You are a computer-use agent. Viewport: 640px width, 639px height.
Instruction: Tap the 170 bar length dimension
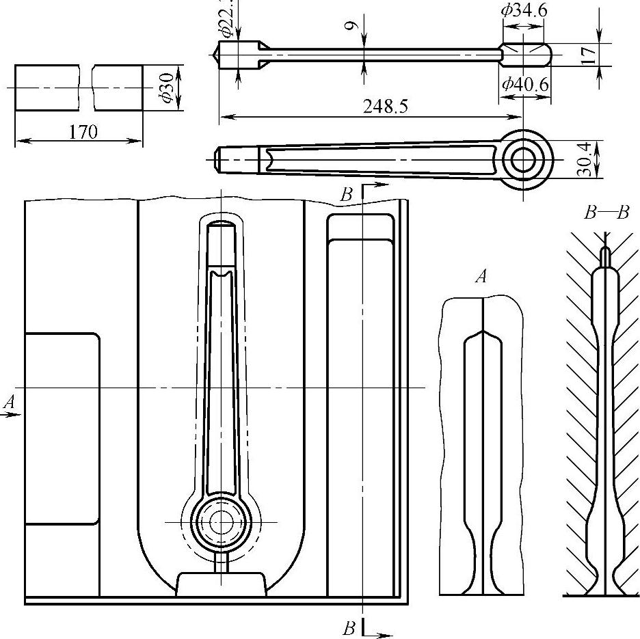click(x=83, y=131)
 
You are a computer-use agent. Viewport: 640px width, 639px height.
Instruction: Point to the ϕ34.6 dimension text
click(x=524, y=10)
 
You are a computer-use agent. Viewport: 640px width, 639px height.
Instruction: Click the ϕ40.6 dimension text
click(x=524, y=84)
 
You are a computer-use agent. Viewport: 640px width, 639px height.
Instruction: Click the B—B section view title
click(x=606, y=213)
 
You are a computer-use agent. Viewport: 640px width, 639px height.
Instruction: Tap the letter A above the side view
click(x=482, y=277)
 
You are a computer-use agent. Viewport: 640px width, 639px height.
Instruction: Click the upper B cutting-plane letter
click(x=347, y=195)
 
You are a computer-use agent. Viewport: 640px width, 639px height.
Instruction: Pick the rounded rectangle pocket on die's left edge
click(x=62, y=429)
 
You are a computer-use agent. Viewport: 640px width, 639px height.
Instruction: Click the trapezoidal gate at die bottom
click(x=220, y=584)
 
